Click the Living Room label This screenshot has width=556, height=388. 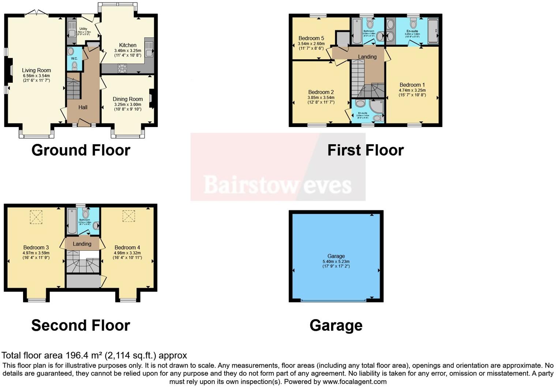point(36,70)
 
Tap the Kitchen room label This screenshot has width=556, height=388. point(128,45)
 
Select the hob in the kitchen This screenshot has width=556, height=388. point(122,68)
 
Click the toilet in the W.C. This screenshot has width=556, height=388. point(75,66)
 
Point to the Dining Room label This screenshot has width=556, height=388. point(128,99)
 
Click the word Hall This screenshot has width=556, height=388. point(83,107)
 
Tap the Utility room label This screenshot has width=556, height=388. point(83,29)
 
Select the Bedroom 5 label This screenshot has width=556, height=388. point(311,38)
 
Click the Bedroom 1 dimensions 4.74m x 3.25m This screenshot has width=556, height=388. point(412,90)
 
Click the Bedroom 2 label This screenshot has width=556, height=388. point(321,92)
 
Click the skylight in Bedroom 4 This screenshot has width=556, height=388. point(128,216)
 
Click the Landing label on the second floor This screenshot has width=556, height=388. point(82,244)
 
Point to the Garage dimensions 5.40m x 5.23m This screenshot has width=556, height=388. point(336,261)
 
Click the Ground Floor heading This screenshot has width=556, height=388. point(81,150)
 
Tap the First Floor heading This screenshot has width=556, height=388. point(365,150)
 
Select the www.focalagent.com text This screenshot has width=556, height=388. point(354,381)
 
